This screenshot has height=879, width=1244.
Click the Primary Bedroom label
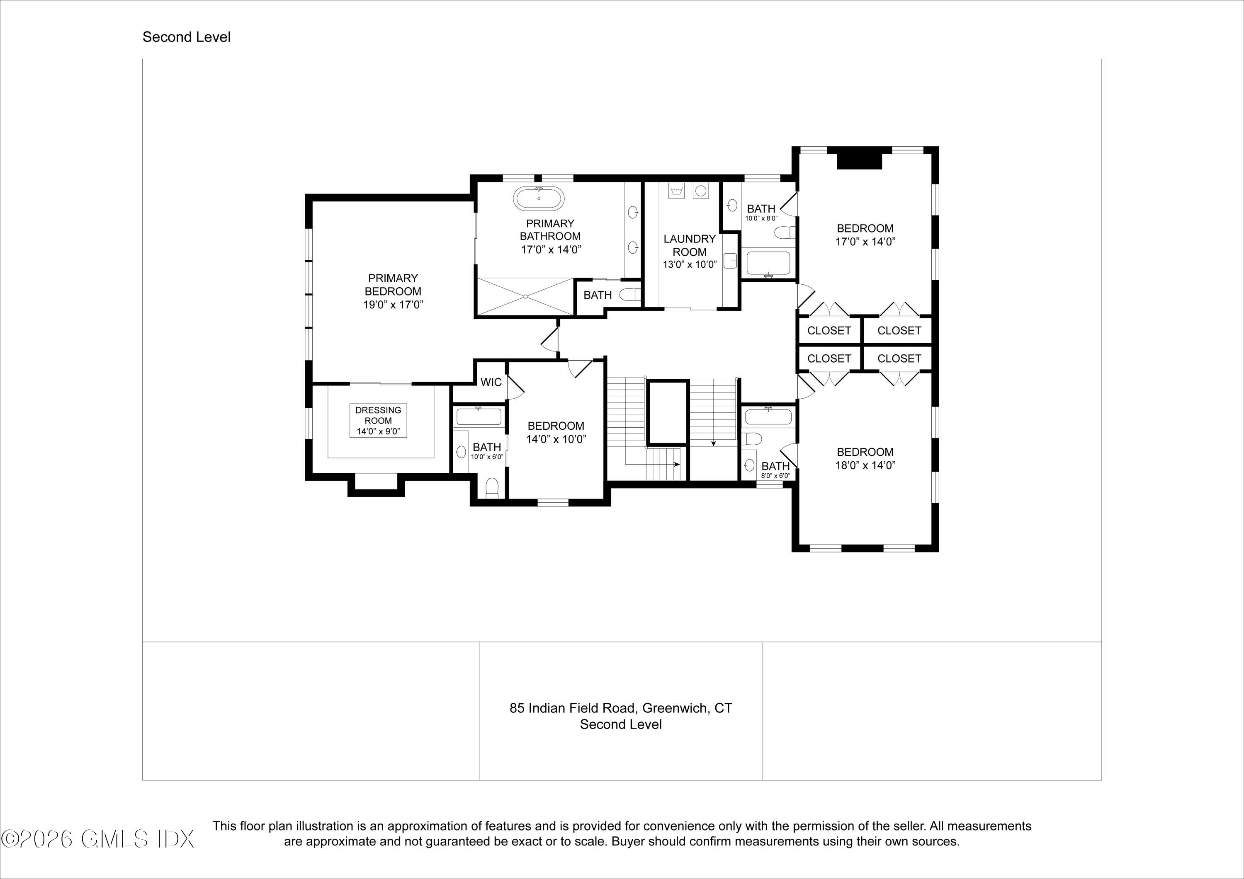(393, 291)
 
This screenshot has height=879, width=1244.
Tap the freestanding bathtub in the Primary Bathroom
(539, 198)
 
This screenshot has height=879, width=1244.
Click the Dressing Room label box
(378, 421)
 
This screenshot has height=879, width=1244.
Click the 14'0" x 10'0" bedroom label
(556, 432)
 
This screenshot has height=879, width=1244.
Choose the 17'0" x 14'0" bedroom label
(865, 235)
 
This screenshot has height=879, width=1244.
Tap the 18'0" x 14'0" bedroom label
(865, 459)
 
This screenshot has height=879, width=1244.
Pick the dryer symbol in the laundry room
(700, 191)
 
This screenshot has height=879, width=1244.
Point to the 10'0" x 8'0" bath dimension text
(761, 218)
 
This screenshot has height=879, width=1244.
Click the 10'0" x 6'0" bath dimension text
(487, 457)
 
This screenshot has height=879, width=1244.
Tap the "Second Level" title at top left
(186, 37)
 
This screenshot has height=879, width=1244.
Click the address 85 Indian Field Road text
(621, 708)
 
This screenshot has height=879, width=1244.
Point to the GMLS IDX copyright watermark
(97, 840)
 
